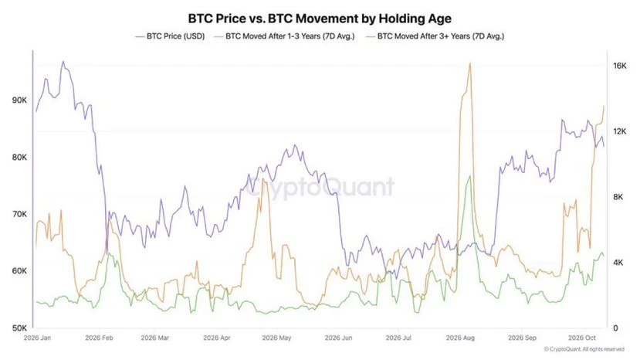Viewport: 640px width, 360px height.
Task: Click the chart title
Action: pos(320,19)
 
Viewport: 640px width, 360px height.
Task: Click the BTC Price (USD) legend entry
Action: pos(170,36)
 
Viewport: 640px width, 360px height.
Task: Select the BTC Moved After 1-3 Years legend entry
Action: pos(285,36)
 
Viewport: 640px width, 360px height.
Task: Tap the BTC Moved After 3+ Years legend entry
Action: pos(435,36)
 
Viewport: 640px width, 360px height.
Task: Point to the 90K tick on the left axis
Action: pos(19,100)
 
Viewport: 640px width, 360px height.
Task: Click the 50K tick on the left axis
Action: pos(19,328)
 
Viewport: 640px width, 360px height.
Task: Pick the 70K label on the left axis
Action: pos(19,214)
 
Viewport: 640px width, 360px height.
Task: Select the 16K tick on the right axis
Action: pos(619,66)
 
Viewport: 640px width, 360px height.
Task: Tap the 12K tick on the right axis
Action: pos(619,131)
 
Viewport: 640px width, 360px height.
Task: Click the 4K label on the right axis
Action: pos(617,263)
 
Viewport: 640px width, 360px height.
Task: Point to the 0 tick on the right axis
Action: pos(615,328)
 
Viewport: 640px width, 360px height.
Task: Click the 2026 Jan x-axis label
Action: pos(38,338)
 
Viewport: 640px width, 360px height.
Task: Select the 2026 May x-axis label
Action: pos(276,338)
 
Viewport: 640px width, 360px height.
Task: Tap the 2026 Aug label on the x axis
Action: pos(460,338)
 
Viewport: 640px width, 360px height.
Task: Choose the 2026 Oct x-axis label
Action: pos(582,338)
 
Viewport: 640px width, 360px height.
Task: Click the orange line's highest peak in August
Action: pos(470,63)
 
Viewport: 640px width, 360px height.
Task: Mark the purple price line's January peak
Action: pos(63,62)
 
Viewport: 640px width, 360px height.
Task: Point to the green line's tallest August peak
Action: pos(470,176)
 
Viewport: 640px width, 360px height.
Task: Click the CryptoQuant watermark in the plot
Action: pos(321,187)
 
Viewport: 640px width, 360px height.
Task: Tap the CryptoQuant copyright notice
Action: pos(584,349)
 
